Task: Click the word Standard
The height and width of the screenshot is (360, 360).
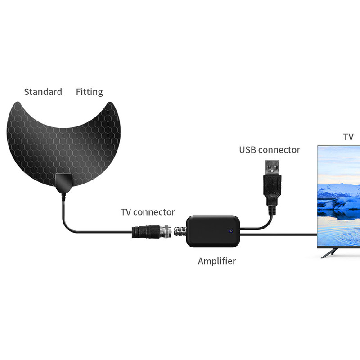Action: [43, 92]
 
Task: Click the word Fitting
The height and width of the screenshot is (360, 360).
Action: [89, 92]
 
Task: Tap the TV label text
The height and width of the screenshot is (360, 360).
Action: [348, 137]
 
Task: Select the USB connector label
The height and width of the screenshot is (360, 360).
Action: [270, 150]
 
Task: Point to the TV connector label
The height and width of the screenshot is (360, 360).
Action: [148, 212]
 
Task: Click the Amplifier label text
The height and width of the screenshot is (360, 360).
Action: [217, 261]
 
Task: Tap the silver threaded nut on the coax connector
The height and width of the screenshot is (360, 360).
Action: [165, 231]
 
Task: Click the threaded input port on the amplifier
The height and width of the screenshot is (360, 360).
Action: [180, 231]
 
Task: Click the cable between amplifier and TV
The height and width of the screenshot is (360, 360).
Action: [279, 234]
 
